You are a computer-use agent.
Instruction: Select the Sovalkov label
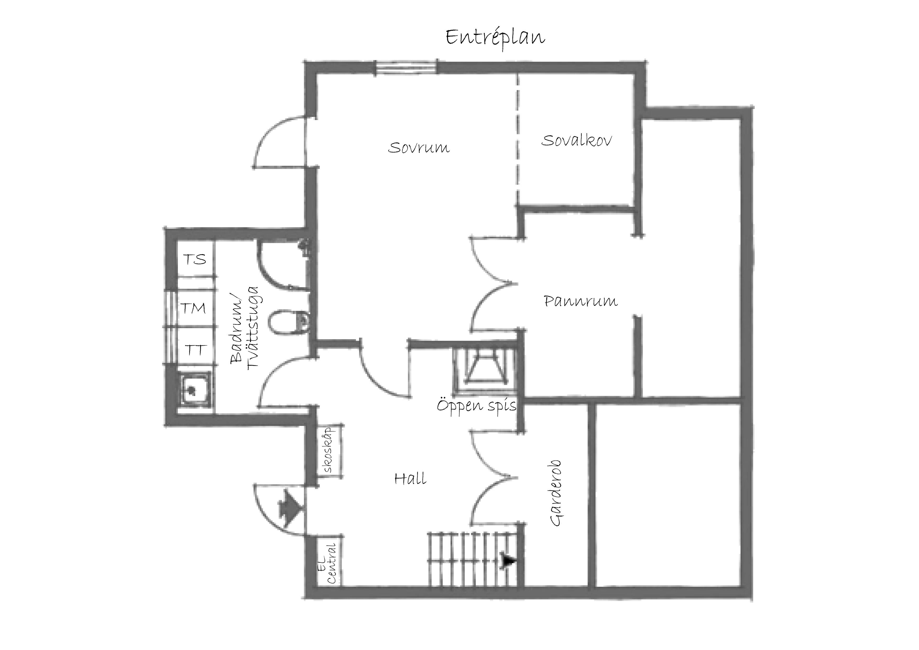click(x=576, y=140)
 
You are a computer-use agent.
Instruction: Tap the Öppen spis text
click(x=476, y=406)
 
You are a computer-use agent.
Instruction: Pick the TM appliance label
click(x=193, y=308)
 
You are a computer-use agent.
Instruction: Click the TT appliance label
click(x=195, y=350)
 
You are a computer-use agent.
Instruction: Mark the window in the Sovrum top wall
click(x=407, y=67)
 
